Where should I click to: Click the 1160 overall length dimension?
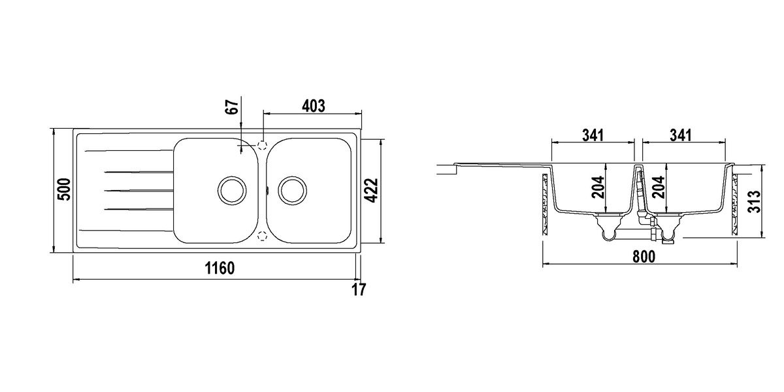(x=220, y=269)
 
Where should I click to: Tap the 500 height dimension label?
(x=64, y=189)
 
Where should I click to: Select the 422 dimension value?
(x=371, y=190)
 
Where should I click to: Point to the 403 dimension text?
(x=313, y=106)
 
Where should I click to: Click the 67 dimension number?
(x=233, y=106)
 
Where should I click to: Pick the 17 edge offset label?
(x=359, y=290)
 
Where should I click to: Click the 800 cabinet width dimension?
(x=644, y=257)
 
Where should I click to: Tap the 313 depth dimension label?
(x=754, y=202)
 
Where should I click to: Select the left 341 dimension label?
(x=593, y=135)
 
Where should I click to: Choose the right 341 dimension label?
(x=681, y=135)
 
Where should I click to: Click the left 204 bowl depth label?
(x=598, y=188)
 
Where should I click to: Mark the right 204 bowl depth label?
(x=659, y=188)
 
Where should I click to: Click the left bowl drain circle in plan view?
(x=232, y=190)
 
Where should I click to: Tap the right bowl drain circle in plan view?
(x=293, y=190)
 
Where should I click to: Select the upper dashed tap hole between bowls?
(x=263, y=145)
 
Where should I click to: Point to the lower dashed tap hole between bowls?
(x=263, y=236)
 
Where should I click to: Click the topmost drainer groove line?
(x=129, y=151)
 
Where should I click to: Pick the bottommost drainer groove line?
(x=126, y=231)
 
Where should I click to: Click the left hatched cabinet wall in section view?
(x=544, y=204)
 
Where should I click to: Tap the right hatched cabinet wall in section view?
(x=734, y=204)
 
